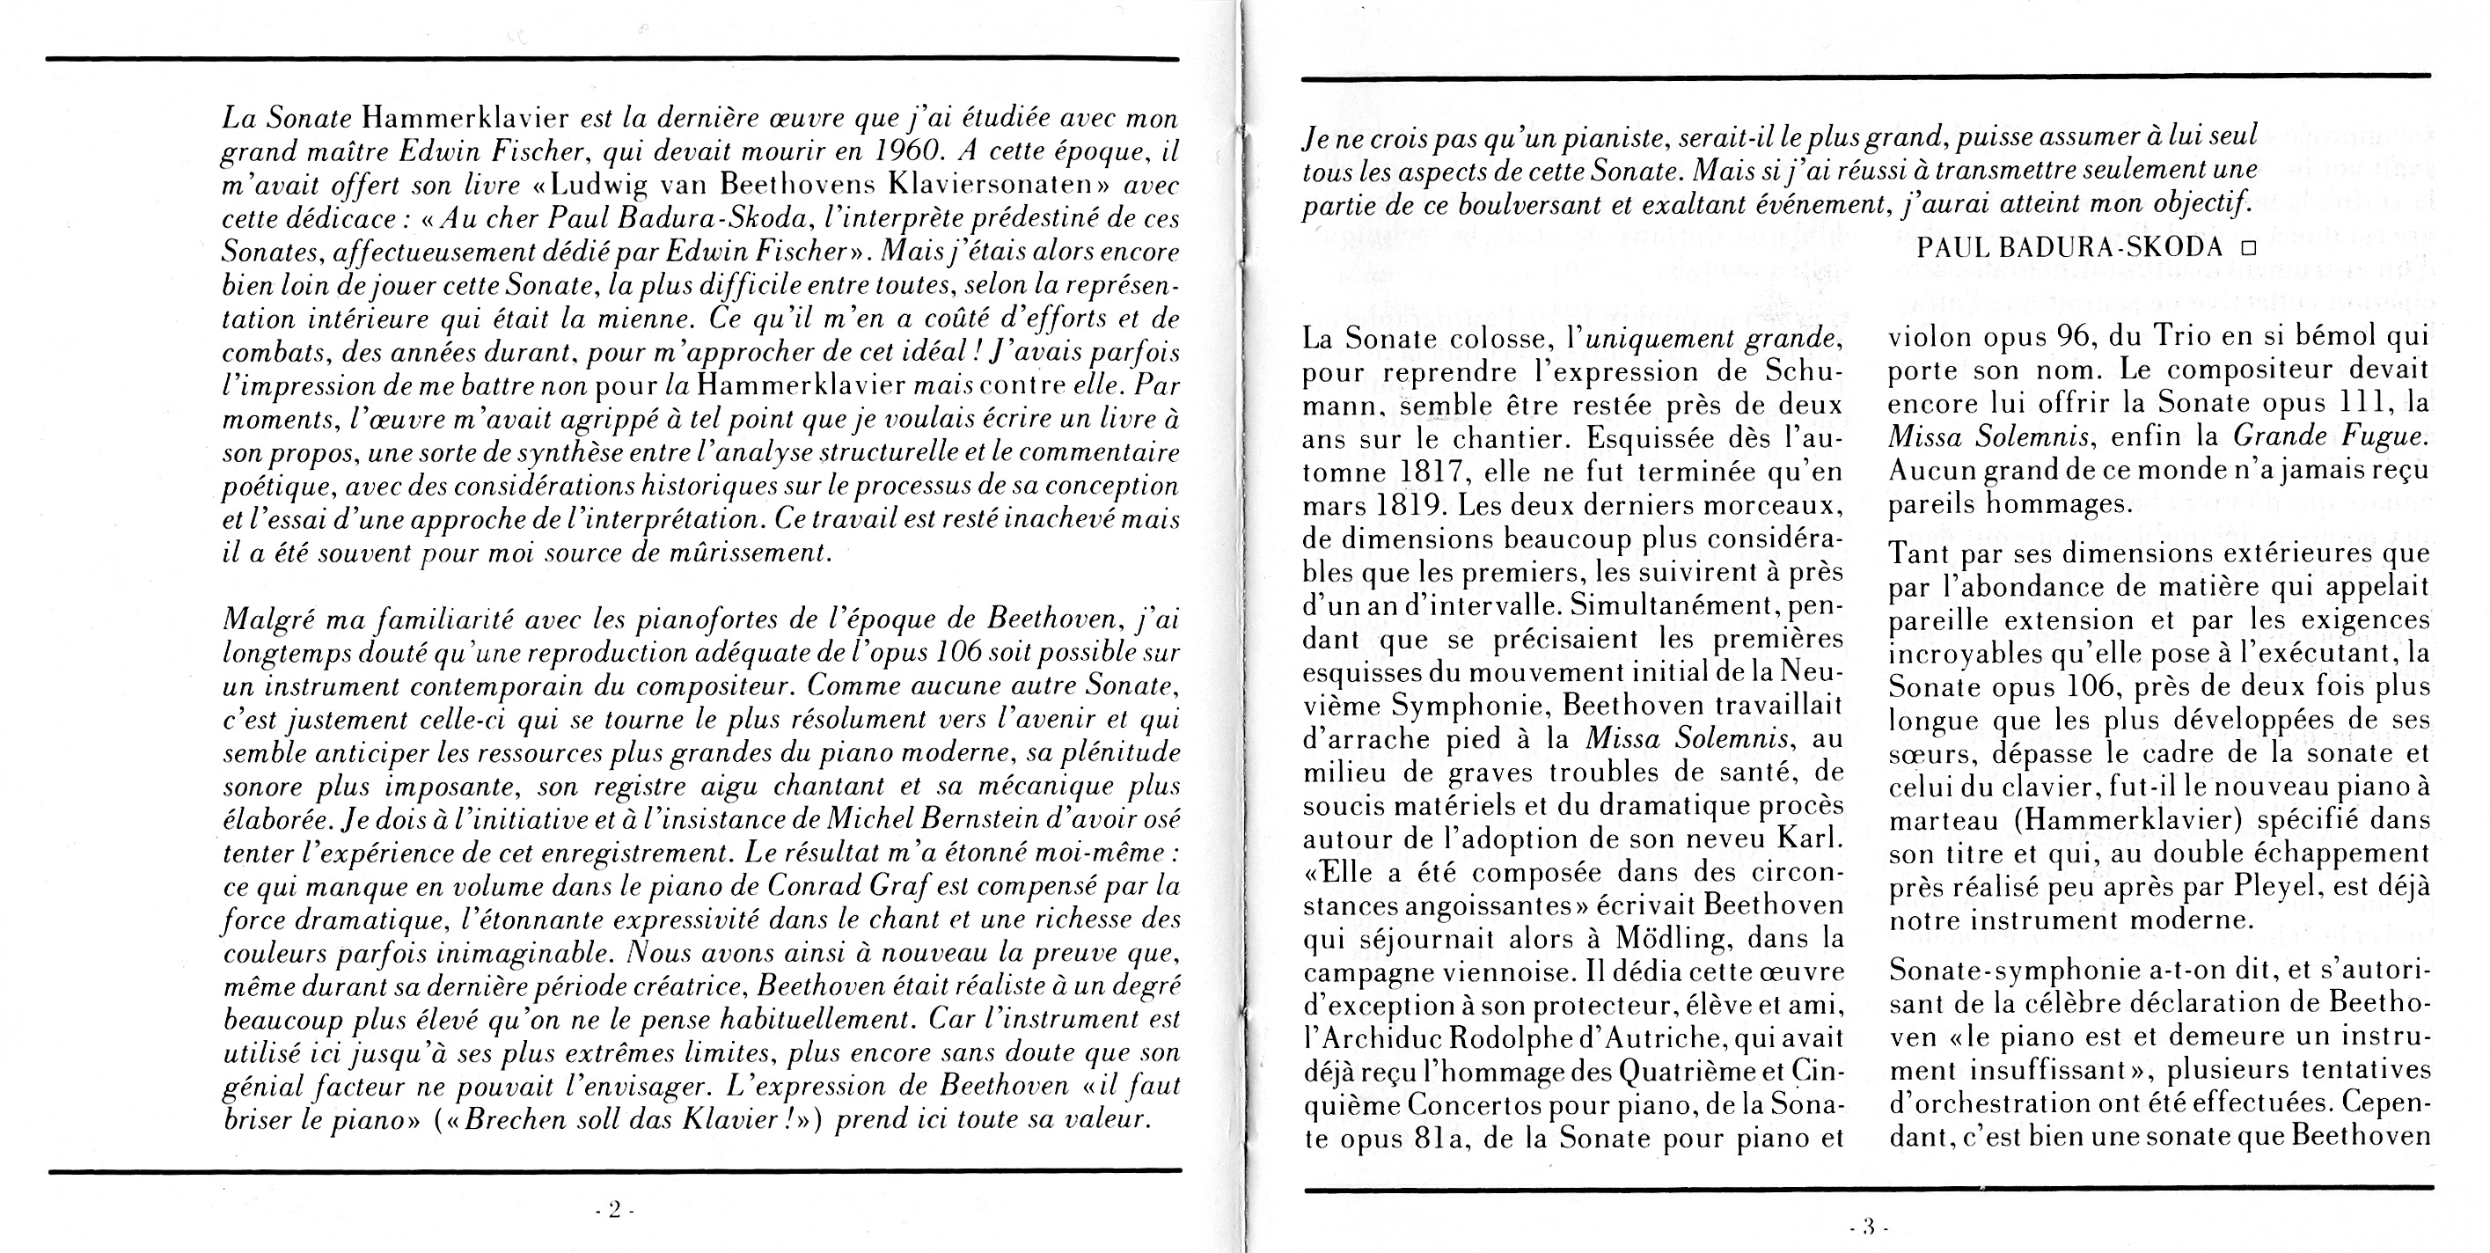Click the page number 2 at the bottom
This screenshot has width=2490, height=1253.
pyautogui.click(x=613, y=1210)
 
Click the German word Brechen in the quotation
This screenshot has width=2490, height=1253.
pyautogui.click(x=526, y=1120)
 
